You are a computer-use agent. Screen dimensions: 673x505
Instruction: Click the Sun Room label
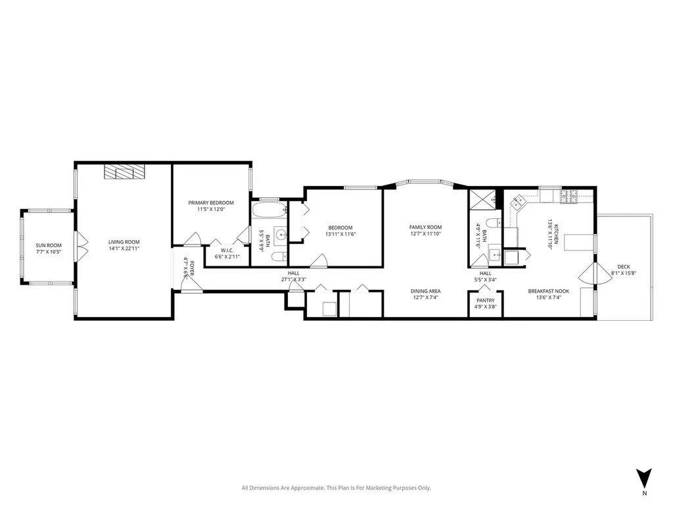click(49, 246)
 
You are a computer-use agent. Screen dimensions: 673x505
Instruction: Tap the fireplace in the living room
click(124, 172)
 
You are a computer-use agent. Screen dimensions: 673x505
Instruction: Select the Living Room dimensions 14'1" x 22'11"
click(124, 249)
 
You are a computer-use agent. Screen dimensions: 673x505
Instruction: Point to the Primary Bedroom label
click(211, 203)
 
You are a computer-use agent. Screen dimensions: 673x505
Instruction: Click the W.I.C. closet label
click(227, 251)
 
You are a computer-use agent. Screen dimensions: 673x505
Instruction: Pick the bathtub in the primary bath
click(269, 210)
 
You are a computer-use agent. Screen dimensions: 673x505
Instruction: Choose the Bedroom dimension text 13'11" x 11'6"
click(340, 235)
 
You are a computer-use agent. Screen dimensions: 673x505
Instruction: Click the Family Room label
click(425, 227)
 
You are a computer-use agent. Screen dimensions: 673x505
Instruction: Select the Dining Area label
click(425, 291)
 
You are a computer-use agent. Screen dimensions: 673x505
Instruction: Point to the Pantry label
click(486, 301)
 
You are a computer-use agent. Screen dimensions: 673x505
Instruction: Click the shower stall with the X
click(482, 199)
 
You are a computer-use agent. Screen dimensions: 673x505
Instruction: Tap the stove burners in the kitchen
click(569, 197)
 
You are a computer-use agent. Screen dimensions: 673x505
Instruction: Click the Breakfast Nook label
click(549, 291)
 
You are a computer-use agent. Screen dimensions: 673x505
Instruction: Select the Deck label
click(623, 267)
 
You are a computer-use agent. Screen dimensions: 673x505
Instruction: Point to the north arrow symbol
click(644, 479)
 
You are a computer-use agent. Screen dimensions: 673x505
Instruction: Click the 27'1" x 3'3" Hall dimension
click(294, 279)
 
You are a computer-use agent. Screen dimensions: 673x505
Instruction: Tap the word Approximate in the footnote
click(308, 488)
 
